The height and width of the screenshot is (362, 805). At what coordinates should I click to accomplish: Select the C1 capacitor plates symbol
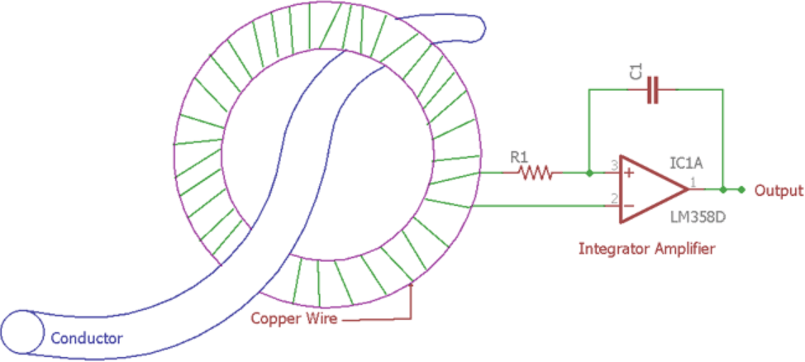[653, 91]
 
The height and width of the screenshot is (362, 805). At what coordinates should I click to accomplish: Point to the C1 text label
[636, 72]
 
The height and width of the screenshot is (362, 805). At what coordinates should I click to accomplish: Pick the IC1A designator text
[688, 164]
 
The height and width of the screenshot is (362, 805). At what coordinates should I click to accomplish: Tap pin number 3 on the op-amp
[614, 166]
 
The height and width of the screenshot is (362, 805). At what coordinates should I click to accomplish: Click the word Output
[778, 191]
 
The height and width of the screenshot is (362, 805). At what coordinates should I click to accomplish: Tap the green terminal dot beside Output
[742, 190]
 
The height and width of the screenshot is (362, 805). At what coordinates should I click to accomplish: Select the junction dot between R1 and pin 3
[588, 174]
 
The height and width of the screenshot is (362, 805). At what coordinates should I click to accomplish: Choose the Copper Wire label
[293, 319]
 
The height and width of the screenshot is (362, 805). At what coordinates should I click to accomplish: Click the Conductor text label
[87, 338]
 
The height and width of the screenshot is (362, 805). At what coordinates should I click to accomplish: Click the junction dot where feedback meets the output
[723, 190]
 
